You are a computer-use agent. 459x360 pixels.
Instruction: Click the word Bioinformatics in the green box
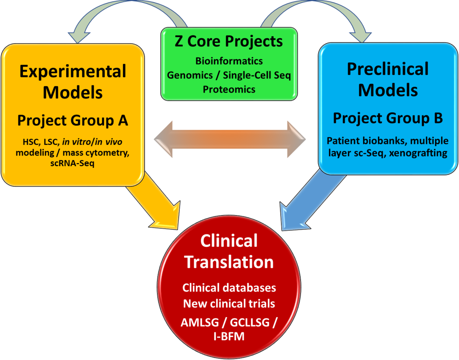coord(229,61)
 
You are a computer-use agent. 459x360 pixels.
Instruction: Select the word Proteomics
coord(229,89)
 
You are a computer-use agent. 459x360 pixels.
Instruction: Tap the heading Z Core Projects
coord(229,41)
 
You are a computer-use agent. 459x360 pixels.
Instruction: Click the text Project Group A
coord(73,120)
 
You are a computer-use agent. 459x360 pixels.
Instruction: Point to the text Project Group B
coord(388,118)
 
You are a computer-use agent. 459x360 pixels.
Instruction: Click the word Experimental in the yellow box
coord(73,71)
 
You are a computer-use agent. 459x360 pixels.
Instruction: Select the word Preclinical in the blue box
coord(388,69)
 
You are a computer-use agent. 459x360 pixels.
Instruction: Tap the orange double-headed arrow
coord(230,139)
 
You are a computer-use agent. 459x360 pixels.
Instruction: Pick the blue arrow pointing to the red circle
coord(308,203)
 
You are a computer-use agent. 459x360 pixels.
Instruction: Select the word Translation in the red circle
coord(229,262)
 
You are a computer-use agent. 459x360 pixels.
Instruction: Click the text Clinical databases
coord(229,288)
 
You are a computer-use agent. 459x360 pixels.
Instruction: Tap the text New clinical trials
coord(229,304)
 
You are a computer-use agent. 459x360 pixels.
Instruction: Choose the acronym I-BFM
coord(229,336)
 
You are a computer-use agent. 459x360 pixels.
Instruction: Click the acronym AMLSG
coord(200,323)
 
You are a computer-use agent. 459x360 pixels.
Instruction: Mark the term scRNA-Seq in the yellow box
coord(72,163)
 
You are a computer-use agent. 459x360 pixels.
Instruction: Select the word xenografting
coord(418,153)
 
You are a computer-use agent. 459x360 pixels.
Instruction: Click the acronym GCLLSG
coord(250,323)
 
